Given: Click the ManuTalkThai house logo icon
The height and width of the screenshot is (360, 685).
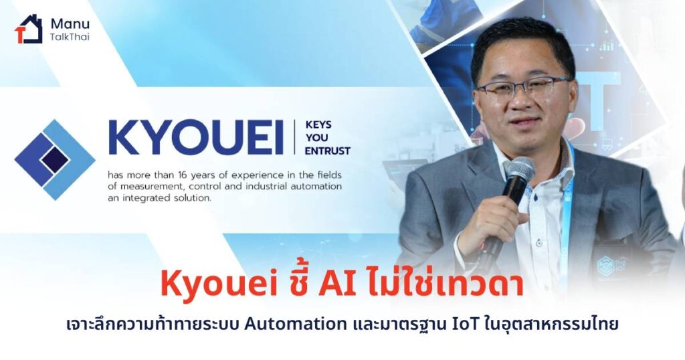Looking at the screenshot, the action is tap(29, 29).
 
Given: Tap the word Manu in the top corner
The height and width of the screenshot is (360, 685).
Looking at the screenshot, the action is tap(70, 23).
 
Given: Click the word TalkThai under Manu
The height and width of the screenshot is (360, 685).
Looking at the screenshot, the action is tap(70, 37).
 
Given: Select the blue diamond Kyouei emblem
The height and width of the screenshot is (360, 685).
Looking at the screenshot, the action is tap(55, 159).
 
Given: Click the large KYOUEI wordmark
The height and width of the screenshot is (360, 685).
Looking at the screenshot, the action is tap(195, 137).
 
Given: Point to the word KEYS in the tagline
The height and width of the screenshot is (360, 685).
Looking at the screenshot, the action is tap(318, 124).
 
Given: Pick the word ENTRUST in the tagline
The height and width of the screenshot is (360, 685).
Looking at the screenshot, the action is tap(328, 151).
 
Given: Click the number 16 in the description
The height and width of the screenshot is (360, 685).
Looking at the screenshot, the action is tap(182, 175).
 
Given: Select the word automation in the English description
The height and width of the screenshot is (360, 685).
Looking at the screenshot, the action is tap(319, 187).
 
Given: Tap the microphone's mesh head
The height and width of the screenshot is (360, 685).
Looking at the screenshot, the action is tap(520, 171).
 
